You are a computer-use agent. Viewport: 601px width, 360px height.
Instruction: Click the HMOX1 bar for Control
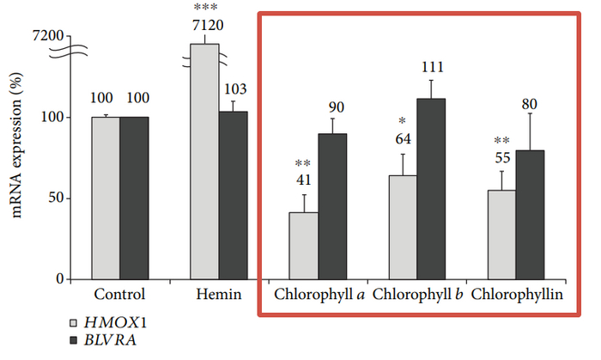pos(106,198)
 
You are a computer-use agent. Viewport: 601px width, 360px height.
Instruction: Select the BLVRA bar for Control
pos(134,198)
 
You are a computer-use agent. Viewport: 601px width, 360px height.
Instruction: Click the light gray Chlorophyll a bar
pos(304,246)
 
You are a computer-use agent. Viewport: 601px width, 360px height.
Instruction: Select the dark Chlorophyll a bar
pos(332,206)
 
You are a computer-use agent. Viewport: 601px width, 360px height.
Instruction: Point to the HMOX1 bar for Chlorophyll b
pos(403,227)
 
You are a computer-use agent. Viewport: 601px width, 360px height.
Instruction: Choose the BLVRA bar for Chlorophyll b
pos(431,189)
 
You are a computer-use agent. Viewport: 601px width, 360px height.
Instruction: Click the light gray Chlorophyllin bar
pos(502,235)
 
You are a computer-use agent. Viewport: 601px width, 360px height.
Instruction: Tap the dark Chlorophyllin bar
pos(531,215)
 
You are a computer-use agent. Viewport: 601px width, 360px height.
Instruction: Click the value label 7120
pos(205,27)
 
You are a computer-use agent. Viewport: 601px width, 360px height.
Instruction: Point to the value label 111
pos(431,66)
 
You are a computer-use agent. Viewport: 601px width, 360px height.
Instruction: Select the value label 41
pos(303,180)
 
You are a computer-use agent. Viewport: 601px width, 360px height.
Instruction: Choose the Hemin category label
pos(219,295)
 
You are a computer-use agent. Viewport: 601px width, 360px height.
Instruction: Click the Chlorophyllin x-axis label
pos(517,295)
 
